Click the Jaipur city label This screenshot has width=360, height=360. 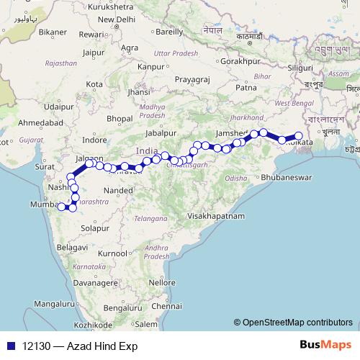pos(94,53)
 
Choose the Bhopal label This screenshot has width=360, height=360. pos(120,118)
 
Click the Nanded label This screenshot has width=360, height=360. pos(118,191)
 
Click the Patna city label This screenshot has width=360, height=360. pos(246,89)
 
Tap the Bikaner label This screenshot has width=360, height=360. pos(53,32)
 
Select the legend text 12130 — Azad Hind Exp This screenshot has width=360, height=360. pos(79,346)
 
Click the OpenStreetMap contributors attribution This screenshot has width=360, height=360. pos(294,323)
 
